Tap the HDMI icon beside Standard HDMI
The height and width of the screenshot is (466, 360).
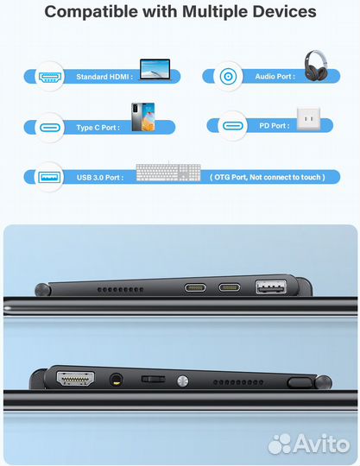[x=48, y=77]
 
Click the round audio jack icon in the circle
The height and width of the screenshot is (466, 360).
[x=230, y=76]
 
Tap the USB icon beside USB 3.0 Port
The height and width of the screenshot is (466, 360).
[x=48, y=177]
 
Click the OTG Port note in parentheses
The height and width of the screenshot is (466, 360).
[x=267, y=177]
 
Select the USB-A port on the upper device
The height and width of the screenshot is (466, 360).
[x=268, y=287]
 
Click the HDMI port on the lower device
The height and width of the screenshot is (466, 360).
[x=76, y=377]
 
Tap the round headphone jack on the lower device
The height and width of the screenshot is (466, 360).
[x=116, y=378]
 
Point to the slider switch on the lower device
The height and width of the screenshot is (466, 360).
[x=152, y=379]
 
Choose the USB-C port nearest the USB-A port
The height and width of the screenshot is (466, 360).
[x=231, y=288]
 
